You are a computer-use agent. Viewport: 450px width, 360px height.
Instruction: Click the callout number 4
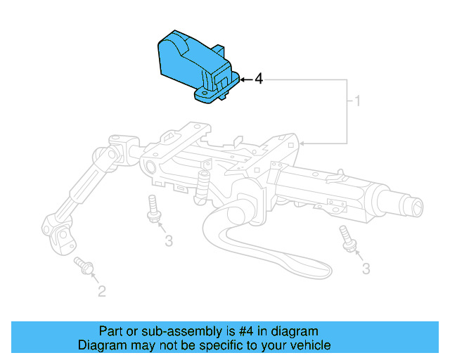tap(259, 79)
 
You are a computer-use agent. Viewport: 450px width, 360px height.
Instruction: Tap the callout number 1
tap(356, 102)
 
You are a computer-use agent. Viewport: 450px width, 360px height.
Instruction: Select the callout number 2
tap(101, 290)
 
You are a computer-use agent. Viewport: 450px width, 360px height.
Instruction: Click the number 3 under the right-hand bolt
tap(366, 268)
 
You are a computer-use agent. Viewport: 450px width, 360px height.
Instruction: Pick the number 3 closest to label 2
tap(168, 241)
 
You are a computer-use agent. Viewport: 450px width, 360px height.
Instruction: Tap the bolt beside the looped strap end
tap(347, 238)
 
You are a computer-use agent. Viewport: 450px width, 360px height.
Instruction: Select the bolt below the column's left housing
tap(152, 209)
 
